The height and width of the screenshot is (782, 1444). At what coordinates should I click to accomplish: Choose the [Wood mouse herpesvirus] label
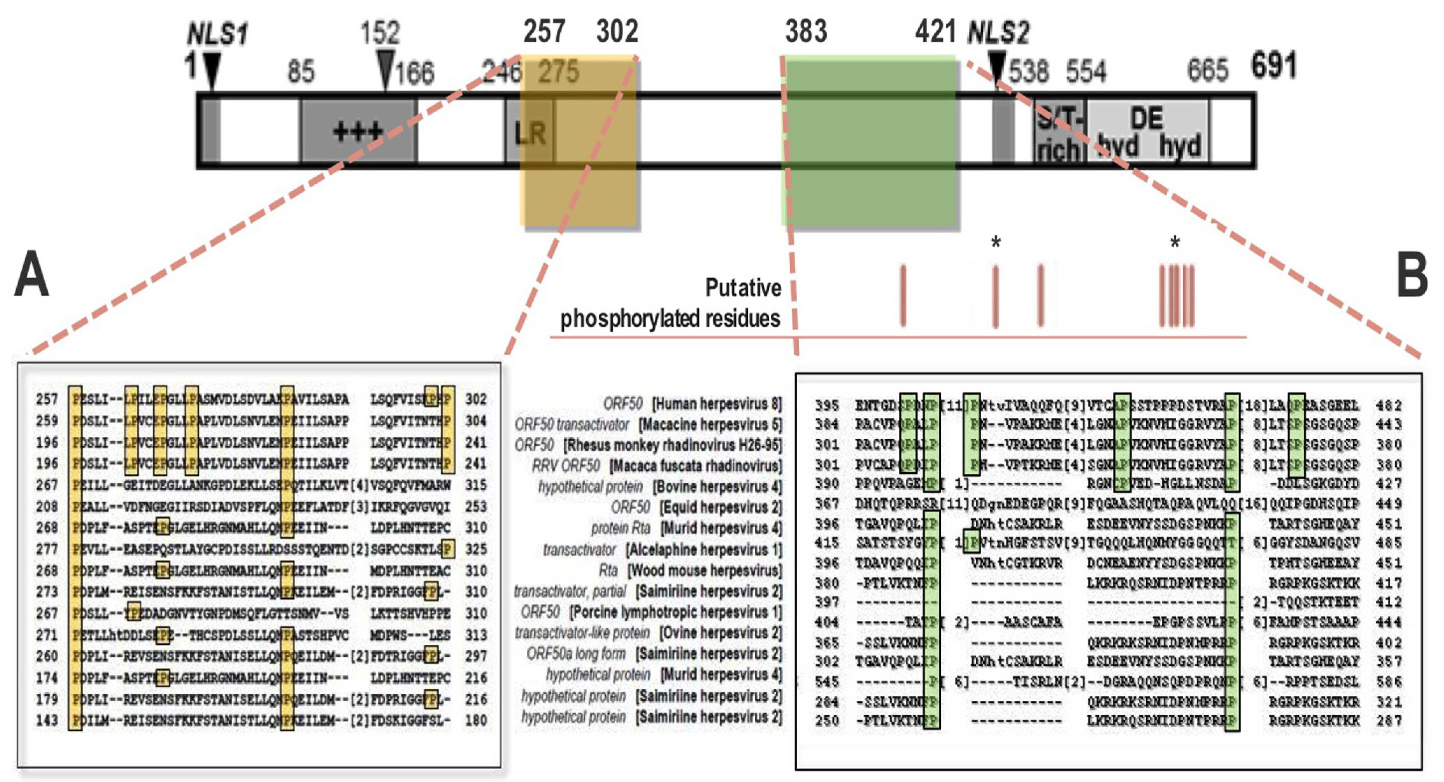pos(704,571)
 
